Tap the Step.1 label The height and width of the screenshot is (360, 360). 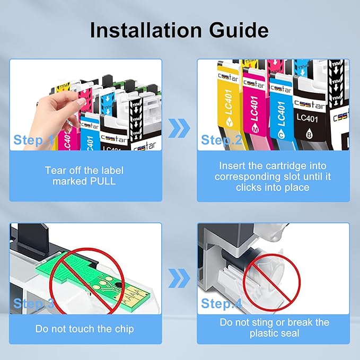click(x=33, y=140)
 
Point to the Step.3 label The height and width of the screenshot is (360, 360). click(x=33, y=303)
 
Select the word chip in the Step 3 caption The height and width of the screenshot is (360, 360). click(x=124, y=329)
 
